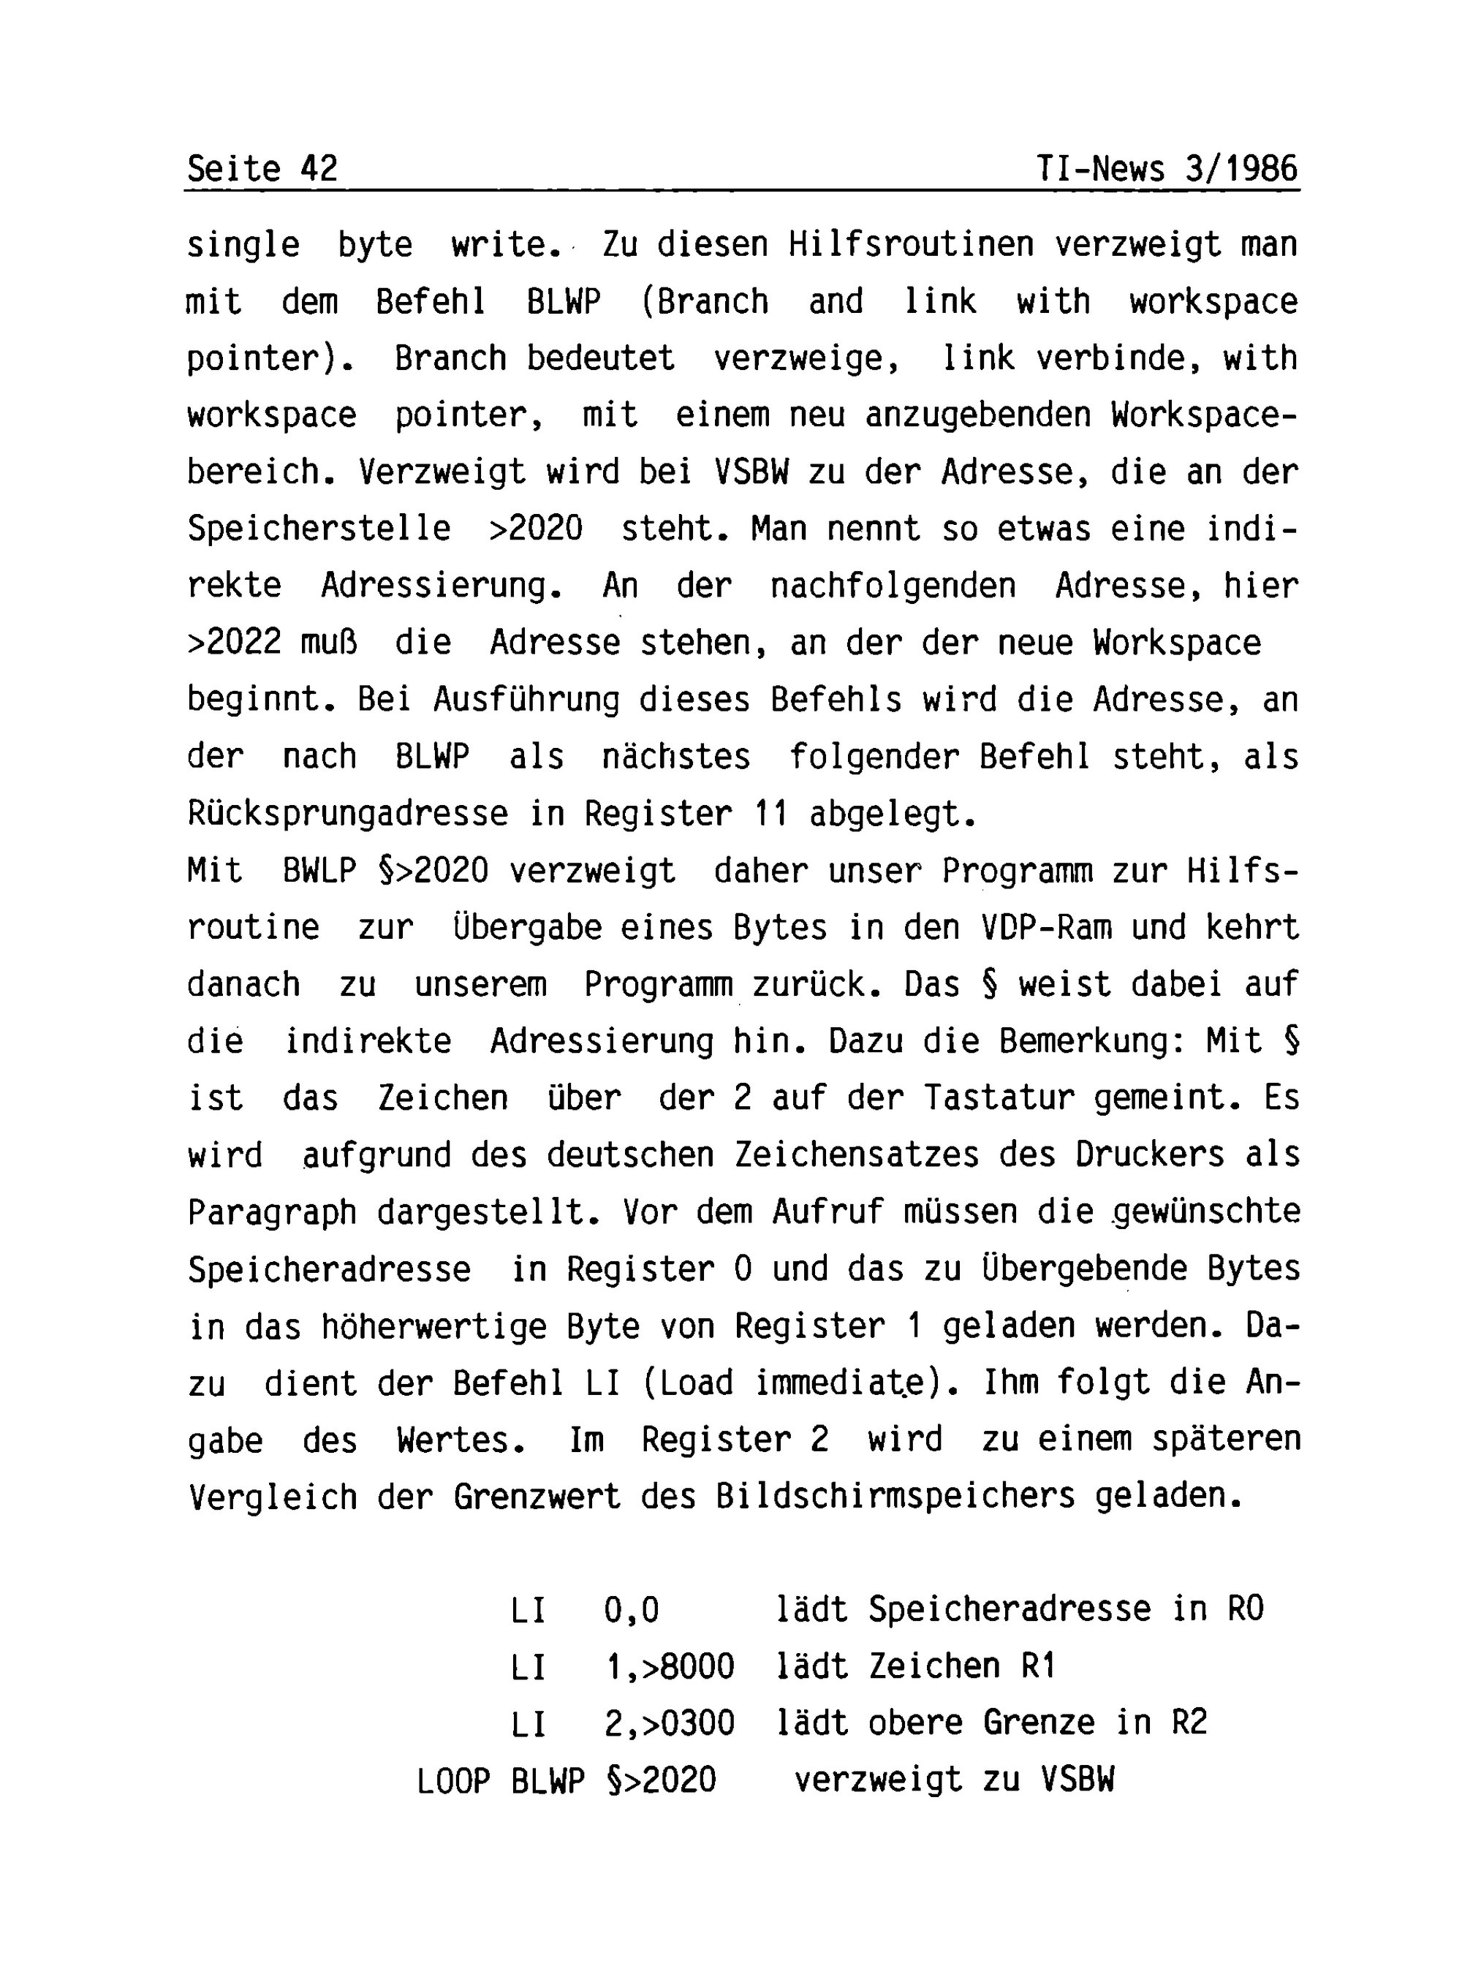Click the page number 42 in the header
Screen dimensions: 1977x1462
pos(319,168)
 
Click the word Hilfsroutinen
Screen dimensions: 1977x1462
pos(912,244)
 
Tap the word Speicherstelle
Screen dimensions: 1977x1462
pos(319,529)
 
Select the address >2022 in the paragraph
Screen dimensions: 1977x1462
pos(234,643)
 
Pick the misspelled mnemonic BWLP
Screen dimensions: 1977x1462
pos(319,872)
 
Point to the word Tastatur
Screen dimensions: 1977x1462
pos(999,1099)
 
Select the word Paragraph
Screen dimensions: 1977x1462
pos(272,1213)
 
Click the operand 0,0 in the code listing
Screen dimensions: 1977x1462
pos(632,1610)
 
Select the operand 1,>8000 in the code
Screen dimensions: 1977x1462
pos(670,1667)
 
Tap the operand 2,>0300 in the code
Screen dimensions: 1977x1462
pos(670,1724)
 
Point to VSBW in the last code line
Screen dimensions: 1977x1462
pos(1077,1780)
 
